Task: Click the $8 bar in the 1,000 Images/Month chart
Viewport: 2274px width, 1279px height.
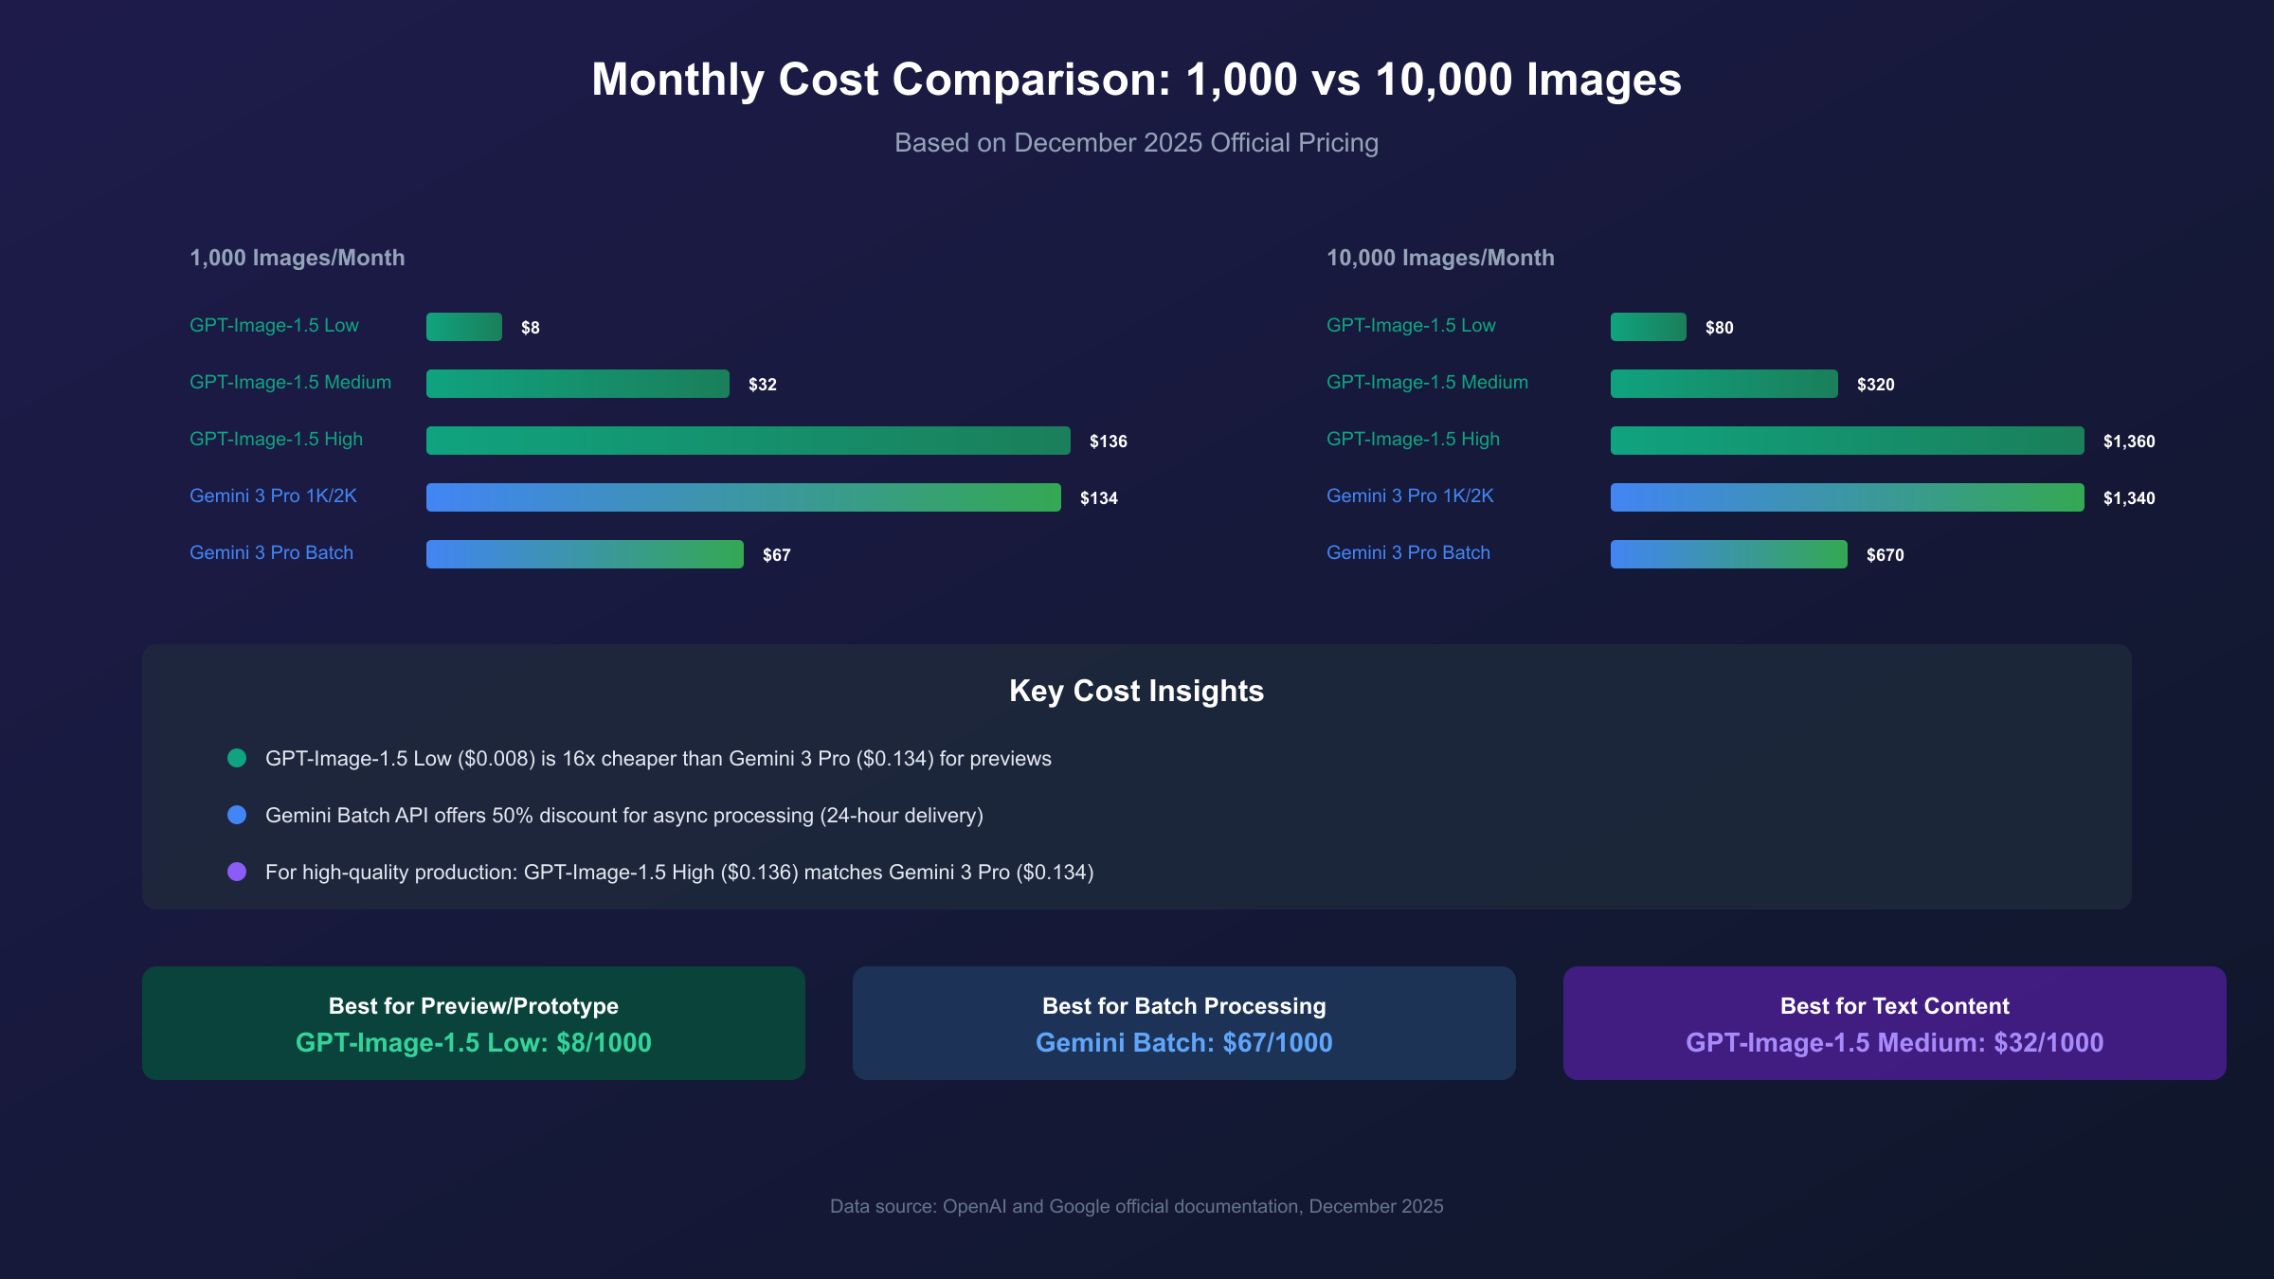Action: (463, 327)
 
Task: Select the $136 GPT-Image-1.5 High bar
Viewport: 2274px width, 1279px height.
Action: (748, 441)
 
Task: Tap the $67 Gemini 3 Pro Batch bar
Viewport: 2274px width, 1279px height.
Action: (585, 554)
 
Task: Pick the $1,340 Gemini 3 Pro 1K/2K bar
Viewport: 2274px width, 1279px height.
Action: (1847, 497)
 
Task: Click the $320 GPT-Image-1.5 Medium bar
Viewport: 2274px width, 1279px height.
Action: (1724, 384)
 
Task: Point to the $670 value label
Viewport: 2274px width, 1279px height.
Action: (1885, 555)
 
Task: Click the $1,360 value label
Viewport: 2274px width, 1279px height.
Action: (2128, 441)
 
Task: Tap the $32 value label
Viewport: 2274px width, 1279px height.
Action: (762, 385)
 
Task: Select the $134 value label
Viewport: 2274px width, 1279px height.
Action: (1098, 498)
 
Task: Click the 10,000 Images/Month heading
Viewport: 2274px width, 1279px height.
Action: (1440, 258)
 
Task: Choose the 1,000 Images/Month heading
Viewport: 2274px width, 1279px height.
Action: (297, 258)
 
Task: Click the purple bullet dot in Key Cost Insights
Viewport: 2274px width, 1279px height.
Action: (237, 872)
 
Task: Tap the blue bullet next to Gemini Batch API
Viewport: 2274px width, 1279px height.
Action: (237, 815)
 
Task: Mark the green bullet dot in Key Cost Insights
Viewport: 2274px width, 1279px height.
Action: (237, 758)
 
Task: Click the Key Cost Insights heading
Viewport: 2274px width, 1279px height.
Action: (1136, 691)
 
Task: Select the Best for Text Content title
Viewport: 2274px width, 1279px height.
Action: (1894, 1006)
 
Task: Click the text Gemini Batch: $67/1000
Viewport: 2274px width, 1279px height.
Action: (1183, 1043)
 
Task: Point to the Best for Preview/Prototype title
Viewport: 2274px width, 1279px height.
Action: (473, 1006)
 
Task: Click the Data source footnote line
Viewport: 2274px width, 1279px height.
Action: (1136, 1206)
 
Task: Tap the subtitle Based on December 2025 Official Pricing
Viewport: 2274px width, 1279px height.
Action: (1136, 143)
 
